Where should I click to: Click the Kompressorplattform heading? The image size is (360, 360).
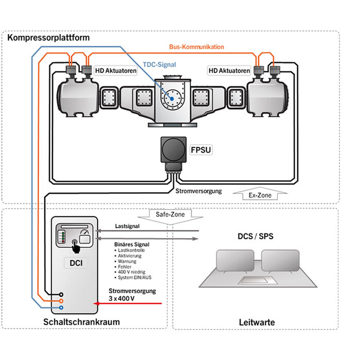[x=48, y=38]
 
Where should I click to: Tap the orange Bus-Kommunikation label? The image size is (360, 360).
[x=196, y=47]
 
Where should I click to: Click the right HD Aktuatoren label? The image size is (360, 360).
[x=229, y=69]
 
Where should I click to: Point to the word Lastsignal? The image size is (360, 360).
[x=128, y=226]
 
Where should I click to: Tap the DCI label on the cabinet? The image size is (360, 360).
[x=77, y=264]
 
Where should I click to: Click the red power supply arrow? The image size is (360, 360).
[x=129, y=303]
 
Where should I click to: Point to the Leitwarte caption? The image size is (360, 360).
[x=257, y=322]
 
